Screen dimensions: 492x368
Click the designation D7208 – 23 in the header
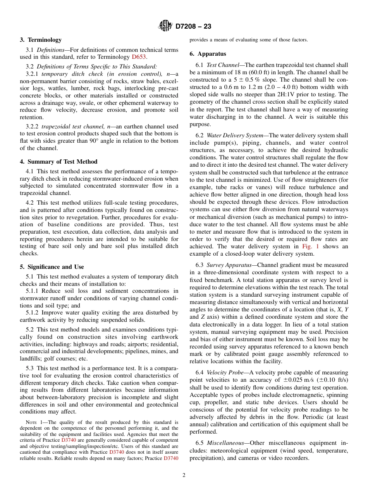(x=193, y=27)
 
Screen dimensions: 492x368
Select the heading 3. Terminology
(x=41, y=39)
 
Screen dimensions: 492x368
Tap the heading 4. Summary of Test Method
(x=58, y=162)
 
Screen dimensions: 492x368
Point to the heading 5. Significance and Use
(x=52, y=267)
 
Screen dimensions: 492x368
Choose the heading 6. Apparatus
(x=208, y=54)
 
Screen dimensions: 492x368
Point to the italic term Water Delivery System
(x=233, y=135)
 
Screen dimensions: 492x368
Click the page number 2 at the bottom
(x=184, y=475)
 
